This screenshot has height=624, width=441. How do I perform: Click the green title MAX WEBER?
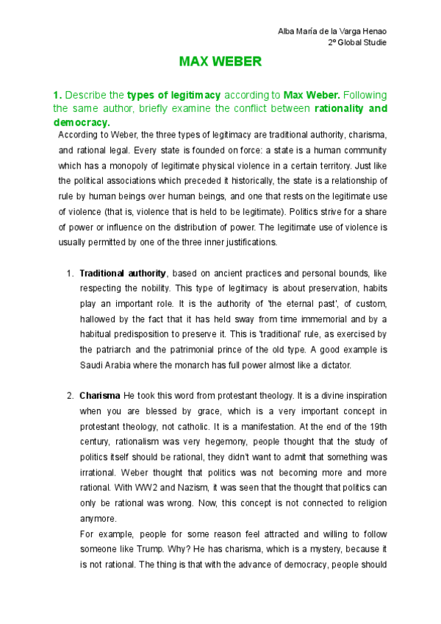(220, 62)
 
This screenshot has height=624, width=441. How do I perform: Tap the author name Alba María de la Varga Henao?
(331, 30)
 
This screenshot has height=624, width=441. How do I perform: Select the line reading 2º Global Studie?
(357, 42)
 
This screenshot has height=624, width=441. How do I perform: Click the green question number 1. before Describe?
(58, 96)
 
